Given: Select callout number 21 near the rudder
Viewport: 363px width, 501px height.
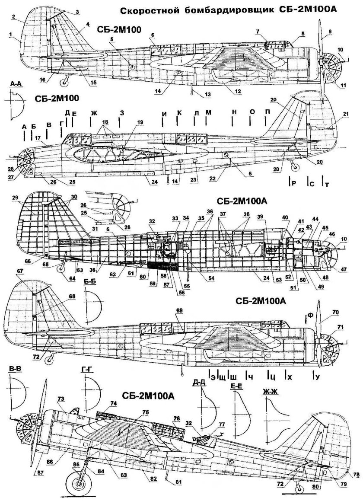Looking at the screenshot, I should pyautogui.click(x=345, y=114).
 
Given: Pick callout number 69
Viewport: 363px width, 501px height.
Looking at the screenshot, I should pyautogui.click(x=180, y=310).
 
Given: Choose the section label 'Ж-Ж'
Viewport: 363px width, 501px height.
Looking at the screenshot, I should pyautogui.click(x=269, y=393).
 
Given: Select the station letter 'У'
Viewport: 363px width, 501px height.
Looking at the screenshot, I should pyautogui.click(x=318, y=377).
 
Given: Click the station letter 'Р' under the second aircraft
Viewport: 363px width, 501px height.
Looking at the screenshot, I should pyautogui.click(x=293, y=184).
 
